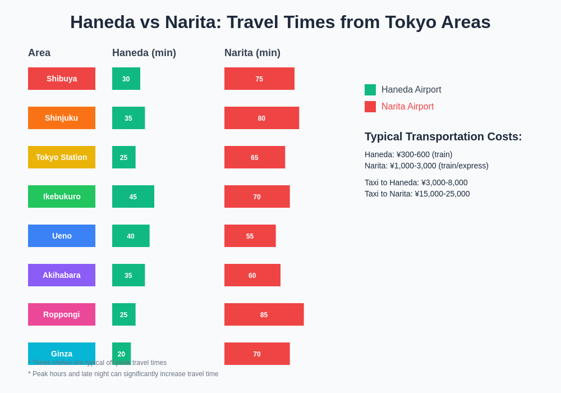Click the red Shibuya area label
click(62, 79)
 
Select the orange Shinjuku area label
click(62, 118)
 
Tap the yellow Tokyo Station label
click(62, 157)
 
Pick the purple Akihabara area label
click(62, 275)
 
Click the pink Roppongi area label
click(62, 314)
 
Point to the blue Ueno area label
click(62, 236)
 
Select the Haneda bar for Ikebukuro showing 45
click(133, 196)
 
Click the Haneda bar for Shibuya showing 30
click(126, 79)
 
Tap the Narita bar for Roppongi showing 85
click(264, 314)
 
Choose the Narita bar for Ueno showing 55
click(250, 236)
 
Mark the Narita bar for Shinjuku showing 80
click(261, 118)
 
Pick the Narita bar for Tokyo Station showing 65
click(255, 157)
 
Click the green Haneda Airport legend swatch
click(370, 90)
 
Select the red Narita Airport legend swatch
click(370, 107)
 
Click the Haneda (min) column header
click(144, 53)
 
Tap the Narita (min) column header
click(252, 53)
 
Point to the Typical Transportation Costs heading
click(443, 136)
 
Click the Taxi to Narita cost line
click(417, 194)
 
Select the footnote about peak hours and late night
click(123, 374)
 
